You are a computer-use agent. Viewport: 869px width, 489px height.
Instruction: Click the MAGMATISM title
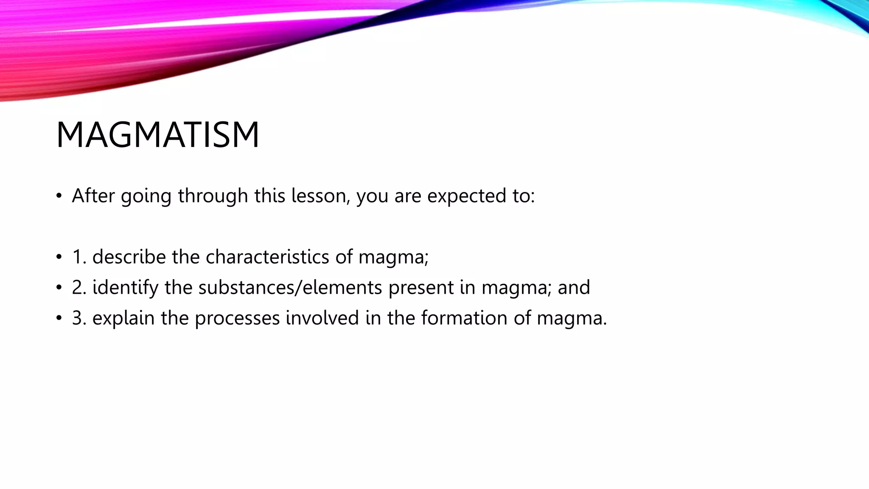157,135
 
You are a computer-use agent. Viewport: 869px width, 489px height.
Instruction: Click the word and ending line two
574,287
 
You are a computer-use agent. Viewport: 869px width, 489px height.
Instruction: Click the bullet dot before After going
59,197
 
